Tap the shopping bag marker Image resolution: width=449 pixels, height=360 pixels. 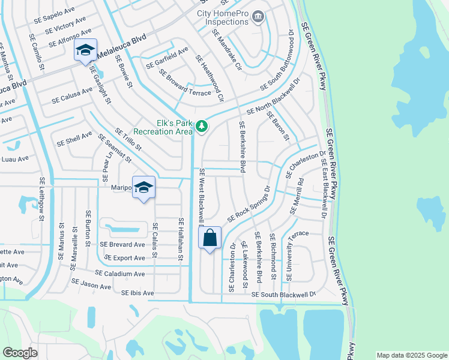click(210, 238)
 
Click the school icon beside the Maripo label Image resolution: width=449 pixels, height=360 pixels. click(143, 188)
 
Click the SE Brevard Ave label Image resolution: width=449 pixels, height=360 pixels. click(122, 245)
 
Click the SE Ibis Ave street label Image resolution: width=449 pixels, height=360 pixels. click(137, 293)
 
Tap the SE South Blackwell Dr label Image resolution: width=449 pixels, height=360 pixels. click(283, 295)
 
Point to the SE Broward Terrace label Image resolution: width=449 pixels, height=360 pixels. click(185, 82)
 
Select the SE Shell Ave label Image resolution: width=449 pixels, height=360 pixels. click(74, 139)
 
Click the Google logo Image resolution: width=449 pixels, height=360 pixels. click(20, 353)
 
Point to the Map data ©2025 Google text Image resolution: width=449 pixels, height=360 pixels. click(411, 355)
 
